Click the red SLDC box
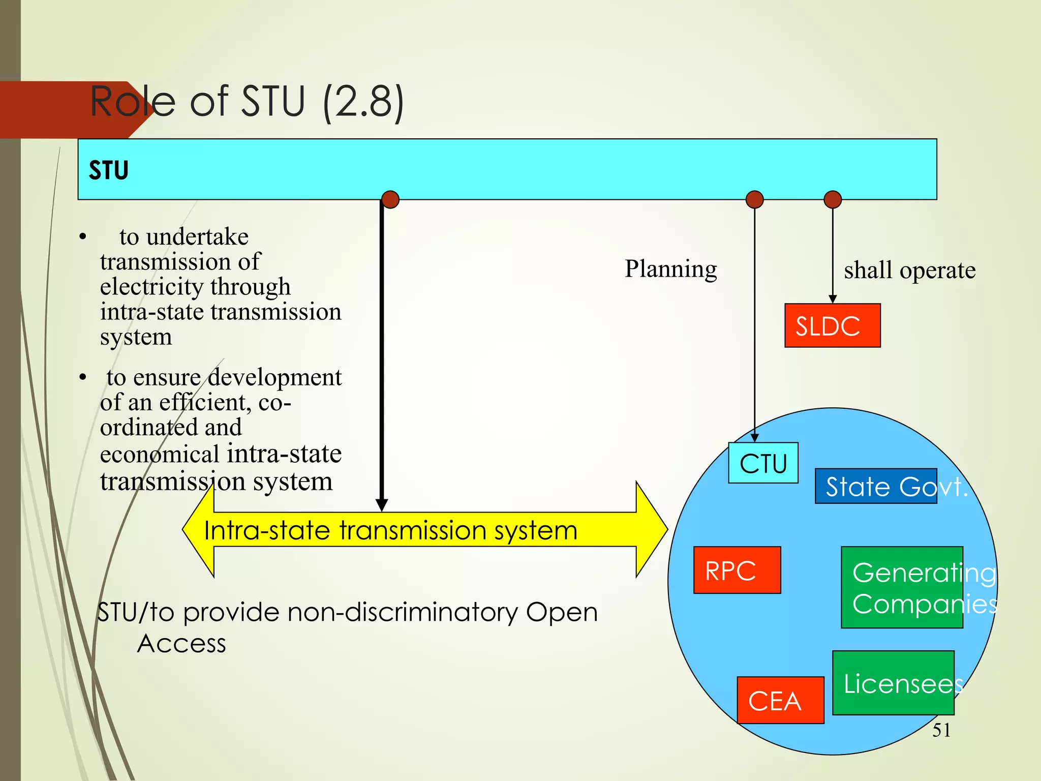[x=832, y=325]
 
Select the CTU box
[x=763, y=463]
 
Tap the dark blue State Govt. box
[x=875, y=486]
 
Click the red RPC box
[x=737, y=570]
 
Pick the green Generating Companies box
[x=902, y=587]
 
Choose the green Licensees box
[x=893, y=682]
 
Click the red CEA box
[x=780, y=700]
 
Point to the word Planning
[x=670, y=268]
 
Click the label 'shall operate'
[x=909, y=270]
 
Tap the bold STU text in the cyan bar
[x=108, y=170]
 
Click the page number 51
[x=941, y=730]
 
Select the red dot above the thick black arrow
[x=390, y=199]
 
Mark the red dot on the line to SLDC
[x=832, y=199]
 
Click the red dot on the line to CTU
[x=754, y=199]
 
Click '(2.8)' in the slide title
[x=363, y=101]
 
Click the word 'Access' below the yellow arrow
[x=181, y=644]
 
